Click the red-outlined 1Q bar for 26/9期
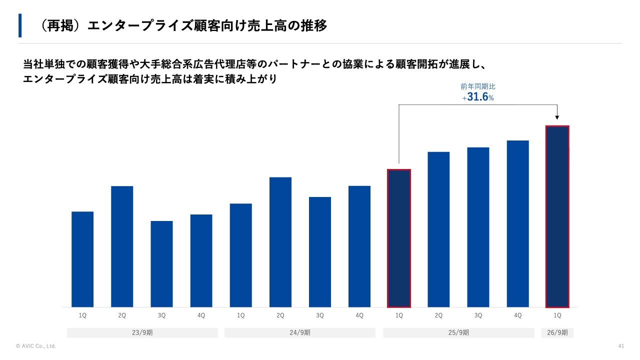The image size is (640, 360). (x=557, y=216)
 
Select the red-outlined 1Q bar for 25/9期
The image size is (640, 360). (x=399, y=238)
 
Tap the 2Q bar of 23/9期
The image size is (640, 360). (x=122, y=246)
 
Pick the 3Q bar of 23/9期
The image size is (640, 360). (x=161, y=264)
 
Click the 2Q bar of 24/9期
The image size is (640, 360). (x=280, y=242)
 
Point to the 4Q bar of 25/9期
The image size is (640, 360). (x=517, y=223)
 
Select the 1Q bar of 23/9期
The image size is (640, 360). (x=82, y=259)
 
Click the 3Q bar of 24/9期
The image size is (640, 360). (x=320, y=252)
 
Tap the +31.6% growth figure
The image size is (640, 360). (x=478, y=97)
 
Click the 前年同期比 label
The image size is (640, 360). (x=478, y=86)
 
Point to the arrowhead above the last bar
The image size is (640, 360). (x=557, y=118)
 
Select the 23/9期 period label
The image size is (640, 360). (x=142, y=332)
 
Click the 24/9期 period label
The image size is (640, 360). (x=300, y=332)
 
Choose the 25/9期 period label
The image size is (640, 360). (x=458, y=332)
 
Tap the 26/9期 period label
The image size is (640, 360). (x=557, y=332)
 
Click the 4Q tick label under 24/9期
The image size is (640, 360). (x=359, y=315)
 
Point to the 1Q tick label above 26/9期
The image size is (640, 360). (x=557, y=315)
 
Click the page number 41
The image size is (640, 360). (x=621, y=346)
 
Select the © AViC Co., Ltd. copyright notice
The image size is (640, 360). (x=36, y=346)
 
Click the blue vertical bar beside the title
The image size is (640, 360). (x=20, y=25)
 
